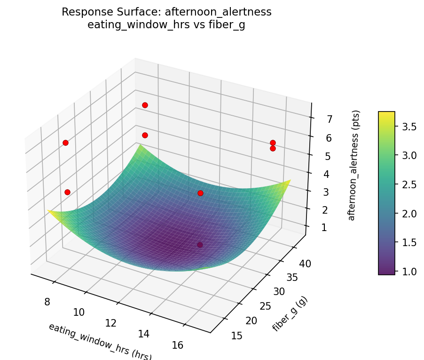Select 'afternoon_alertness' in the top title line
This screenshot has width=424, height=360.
click(x=218, y=12)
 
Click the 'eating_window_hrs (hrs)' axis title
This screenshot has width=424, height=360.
click(x=100, y=341)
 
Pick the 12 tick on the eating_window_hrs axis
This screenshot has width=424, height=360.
click(x=111, y=323)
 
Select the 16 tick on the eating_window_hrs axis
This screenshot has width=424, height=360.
click(x=177, y=345)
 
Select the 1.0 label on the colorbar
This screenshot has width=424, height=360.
click(x=406, y=272)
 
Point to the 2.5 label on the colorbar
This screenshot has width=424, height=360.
click(x=406, y=184)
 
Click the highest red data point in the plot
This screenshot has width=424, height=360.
click(x=145, y=105)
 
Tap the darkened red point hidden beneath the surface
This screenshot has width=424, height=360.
click(x=200, y=245)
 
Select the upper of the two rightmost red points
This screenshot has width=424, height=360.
click(x=273, y=143)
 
